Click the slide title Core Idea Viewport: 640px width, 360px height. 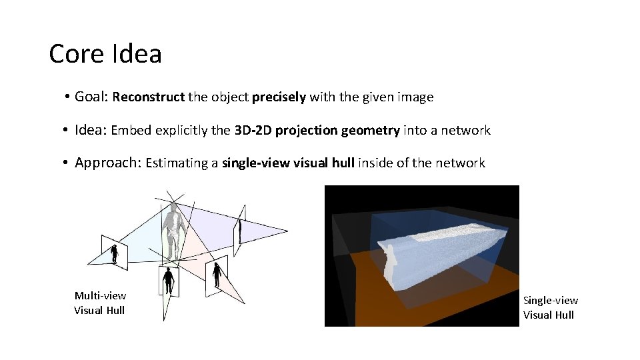pyautogui.click(x=105, y=54)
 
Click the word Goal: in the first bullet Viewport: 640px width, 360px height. pyautogui.click(x=91, y=97)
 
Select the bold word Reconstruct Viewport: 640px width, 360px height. pyautogui.click(x=148, y=97)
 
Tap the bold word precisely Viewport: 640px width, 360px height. pyautogui.click(x=279, y=97)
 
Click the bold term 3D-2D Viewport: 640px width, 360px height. pyautogui.click(x=253, y=131)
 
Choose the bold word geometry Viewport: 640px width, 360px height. pyautogui.click(x=370, y=131)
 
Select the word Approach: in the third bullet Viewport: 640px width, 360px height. pyautogui.click(x=107, y=163)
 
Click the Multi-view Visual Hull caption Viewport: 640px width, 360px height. pyautogui.click(x=100, y=303)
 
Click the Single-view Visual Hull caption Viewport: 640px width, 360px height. pyautogui.click(x=550, y=307)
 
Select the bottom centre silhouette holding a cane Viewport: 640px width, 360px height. pyautogui.click(x=169, y=281)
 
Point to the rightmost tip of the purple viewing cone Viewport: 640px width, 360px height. pyautogui.click(x=287, y=231)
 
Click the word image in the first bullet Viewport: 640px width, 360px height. pyautogui.click(x=415, y=97)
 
